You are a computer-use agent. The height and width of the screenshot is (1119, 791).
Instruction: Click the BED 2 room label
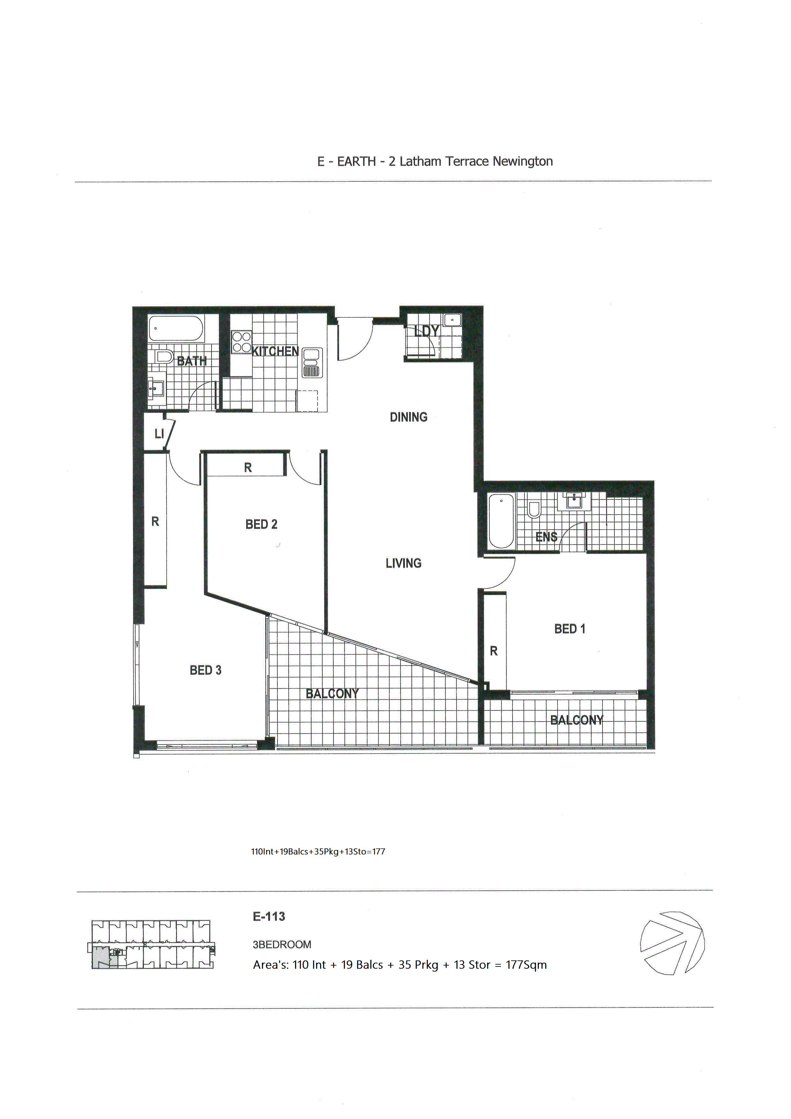click(x=261, y=525)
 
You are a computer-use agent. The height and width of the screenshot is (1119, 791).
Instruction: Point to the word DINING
click(x=409, y=417)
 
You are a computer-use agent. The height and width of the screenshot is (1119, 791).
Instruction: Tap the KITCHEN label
click(x=275, y=351)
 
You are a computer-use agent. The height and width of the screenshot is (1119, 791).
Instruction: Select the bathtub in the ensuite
click(x=501, y=521)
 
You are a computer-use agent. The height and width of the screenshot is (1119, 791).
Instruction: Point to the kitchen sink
click(x=312, y=363)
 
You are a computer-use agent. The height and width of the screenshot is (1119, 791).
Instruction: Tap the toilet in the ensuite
click(x=534, y=509)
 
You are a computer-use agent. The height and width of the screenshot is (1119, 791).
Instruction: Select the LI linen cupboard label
click(x=159, y=434)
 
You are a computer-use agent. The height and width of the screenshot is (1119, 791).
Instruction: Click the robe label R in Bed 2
click(x=248, y=468)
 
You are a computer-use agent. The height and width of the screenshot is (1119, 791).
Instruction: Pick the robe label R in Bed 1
click(x=494, y=651)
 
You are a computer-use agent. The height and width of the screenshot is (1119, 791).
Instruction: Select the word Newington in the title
click(x=523, y=161)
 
